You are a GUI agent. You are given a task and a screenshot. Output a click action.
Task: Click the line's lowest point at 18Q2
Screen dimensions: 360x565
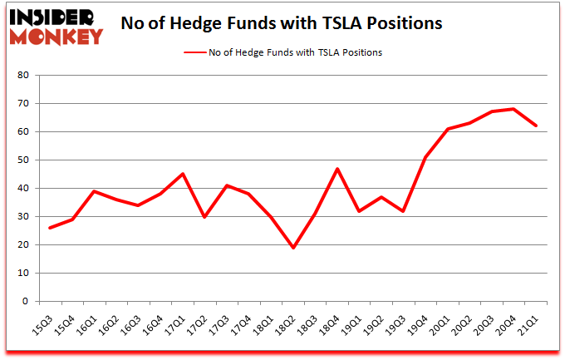coord(293,248)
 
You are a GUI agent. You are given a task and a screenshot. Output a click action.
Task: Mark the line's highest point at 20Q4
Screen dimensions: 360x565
coord(515,109)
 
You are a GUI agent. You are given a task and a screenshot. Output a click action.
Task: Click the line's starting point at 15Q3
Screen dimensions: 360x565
coord(50,228)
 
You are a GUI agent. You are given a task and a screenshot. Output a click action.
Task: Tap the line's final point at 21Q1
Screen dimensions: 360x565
coord(537,126)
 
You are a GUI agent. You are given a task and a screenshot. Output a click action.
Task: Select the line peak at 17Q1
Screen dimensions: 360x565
coord(183,174)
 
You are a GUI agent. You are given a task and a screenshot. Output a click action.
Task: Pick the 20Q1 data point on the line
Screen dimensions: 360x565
coord(449,129)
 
